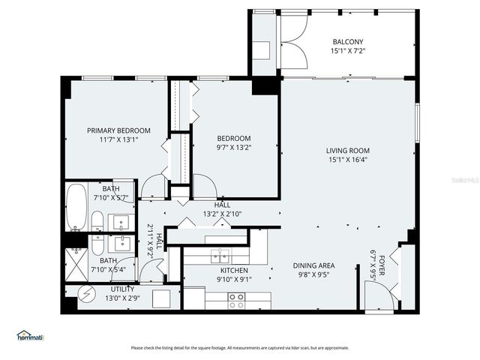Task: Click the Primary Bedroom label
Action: (x=113, y=130)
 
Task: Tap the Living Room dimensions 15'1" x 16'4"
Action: (x=348, y=159)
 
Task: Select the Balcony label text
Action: (x=347, y=42)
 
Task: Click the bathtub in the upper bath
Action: (x=76, y=207)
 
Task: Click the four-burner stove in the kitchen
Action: (x=236, y=300)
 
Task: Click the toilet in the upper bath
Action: (x=97, y=221)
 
